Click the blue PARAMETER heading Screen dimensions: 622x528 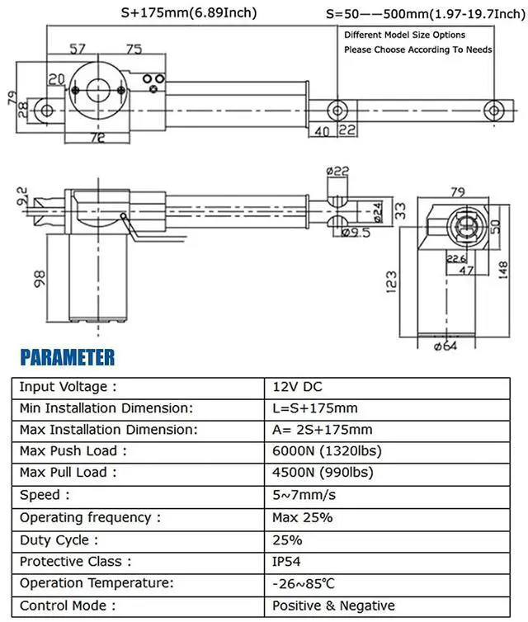pyautogui.click(x=68, y=358)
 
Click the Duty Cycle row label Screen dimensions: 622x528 pyautogui.click(x=59, y=540)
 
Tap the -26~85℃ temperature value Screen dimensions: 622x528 pyautogui.click(x=304, y=584)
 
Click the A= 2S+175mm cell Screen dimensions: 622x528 pyautogui.click(x=322, y=430)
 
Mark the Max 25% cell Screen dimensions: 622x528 pyautogui.click(x=302, y=518)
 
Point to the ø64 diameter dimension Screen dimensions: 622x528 pyautogui.click(x=445, y=346)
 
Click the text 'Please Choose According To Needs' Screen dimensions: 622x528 pyautogui.click(x=417, y=49)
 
